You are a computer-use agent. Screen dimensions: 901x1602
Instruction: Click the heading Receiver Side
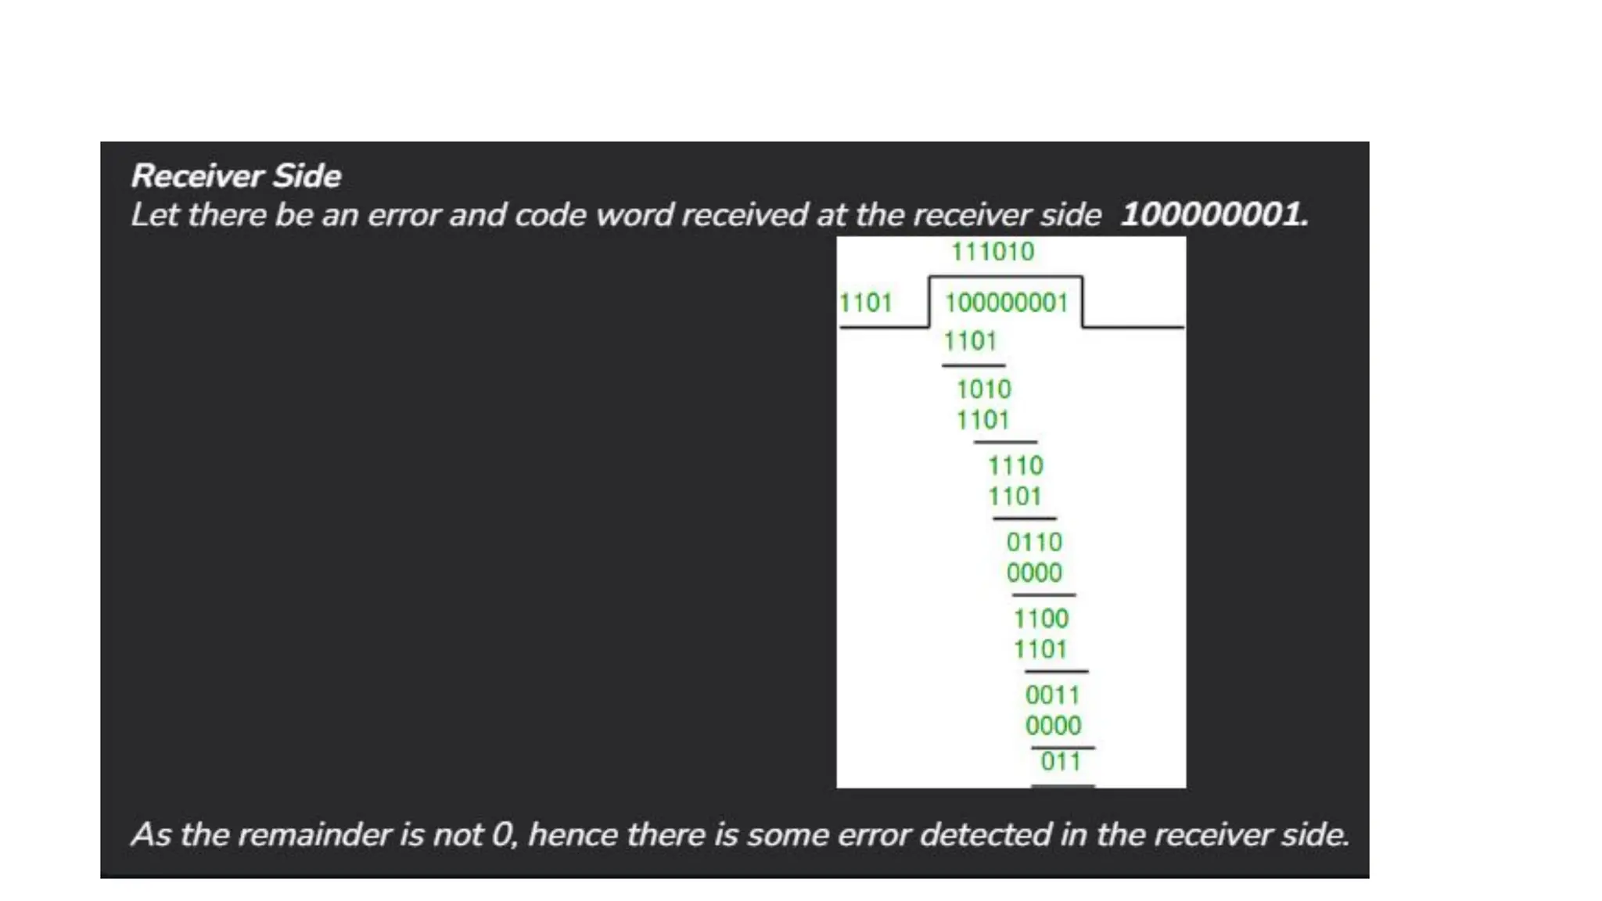[x=235, y=176]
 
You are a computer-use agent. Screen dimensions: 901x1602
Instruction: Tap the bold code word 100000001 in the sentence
[x=1213, y=214]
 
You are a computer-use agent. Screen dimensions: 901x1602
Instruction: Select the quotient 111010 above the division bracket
[x=992, y=252]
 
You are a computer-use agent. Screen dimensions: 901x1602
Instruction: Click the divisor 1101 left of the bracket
[x=865, y=303]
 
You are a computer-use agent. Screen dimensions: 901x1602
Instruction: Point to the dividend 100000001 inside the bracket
[x=1006, y=303]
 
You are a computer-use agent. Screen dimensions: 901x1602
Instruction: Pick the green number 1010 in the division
[x=983, y=389]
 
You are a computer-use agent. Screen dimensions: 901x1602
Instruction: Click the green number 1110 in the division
[x=1015, y=465]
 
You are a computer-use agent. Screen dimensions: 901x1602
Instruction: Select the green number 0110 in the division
[x=1034, y=542]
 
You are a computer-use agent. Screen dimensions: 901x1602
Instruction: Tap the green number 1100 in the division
[x=1040, y=619]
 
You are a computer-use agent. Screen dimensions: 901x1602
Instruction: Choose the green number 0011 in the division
[x=1052, y=695]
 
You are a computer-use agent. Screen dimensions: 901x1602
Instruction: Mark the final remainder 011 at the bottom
[x=1060, y=761]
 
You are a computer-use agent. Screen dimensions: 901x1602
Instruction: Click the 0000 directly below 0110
[x=1034, y=573]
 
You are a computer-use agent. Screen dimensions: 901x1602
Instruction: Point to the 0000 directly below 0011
[x=1053, y=725]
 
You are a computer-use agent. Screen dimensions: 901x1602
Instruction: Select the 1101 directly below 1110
[x=1015, y=496]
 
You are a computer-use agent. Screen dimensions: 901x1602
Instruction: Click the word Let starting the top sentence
[x=154, y=215]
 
